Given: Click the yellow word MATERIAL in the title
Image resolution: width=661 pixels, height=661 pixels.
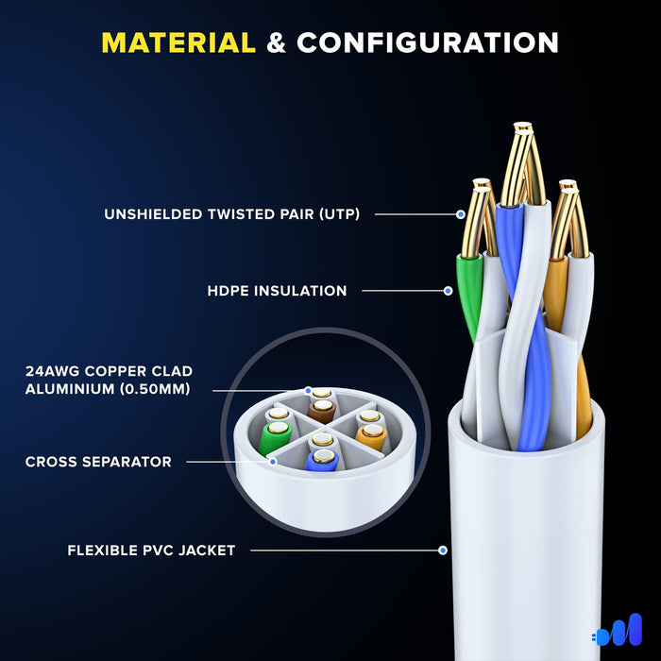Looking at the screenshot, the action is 178,42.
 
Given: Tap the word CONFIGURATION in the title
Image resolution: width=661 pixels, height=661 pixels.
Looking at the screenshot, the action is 428,42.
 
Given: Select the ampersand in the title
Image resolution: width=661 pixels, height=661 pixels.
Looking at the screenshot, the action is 276,43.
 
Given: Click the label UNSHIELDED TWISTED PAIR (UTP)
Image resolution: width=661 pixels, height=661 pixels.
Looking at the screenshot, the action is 232,214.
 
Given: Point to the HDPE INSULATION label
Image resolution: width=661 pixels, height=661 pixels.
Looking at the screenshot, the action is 277,291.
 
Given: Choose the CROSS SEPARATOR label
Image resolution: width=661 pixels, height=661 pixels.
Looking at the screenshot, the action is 98,462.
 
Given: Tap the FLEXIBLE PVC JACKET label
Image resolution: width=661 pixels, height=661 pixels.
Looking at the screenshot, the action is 151,551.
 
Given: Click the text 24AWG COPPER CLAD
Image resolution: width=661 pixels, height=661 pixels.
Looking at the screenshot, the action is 109,371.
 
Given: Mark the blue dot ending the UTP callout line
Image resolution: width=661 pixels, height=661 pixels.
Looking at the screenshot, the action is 461,214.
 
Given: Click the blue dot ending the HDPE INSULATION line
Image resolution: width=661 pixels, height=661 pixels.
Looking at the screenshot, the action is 449,291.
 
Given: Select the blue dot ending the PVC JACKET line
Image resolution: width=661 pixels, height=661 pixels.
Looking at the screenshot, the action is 443,551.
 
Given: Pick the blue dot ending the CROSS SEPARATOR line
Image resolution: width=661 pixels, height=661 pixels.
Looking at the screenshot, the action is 273,462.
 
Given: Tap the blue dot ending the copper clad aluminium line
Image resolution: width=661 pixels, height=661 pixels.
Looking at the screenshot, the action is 308,390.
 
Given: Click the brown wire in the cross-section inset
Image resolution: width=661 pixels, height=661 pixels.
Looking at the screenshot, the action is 322,411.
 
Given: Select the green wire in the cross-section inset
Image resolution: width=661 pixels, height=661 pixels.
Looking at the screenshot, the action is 275,437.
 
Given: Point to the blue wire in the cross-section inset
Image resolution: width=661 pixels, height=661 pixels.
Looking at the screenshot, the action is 322,461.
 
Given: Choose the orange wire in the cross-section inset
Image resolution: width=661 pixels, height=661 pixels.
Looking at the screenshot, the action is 371,436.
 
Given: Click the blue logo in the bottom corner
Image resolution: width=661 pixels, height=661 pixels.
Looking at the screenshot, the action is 617,630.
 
